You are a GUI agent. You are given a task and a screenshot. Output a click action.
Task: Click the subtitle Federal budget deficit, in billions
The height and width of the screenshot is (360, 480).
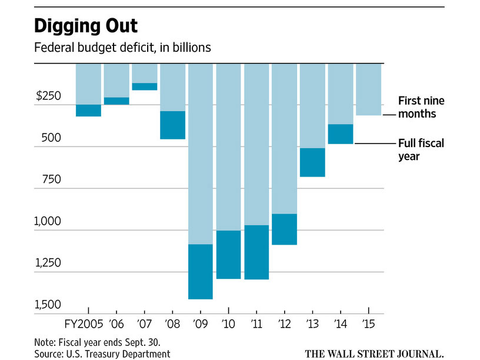(x=122, y=48)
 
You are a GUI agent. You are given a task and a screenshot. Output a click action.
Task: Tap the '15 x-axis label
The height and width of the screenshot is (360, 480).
(x=369, y=324)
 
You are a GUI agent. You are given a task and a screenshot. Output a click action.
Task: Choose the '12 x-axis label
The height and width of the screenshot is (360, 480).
(x=285, y=324)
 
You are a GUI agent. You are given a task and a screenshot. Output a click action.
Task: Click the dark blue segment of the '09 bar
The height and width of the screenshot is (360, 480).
(x=201, y=271)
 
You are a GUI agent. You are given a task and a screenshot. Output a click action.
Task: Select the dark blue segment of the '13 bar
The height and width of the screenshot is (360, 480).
(x=312, y=162)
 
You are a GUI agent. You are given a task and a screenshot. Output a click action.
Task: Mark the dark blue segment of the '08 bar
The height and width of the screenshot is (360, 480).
(x=173, y=125)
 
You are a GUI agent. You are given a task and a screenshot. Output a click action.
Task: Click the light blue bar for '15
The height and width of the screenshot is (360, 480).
(x=369, y=89)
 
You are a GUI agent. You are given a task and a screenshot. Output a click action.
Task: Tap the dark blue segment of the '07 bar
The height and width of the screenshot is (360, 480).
(x=145, y=86)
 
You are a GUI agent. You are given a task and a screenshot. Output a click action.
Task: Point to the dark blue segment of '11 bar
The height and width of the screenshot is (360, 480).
(x=256, y=252)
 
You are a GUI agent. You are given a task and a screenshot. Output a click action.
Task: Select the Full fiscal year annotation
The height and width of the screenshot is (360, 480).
(x=421, y=149)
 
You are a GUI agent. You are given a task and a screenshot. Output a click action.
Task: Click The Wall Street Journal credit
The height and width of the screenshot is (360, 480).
(x=374, y=353)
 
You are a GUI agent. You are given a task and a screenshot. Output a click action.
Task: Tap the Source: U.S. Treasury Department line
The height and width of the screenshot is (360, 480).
(x=102, y=353)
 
